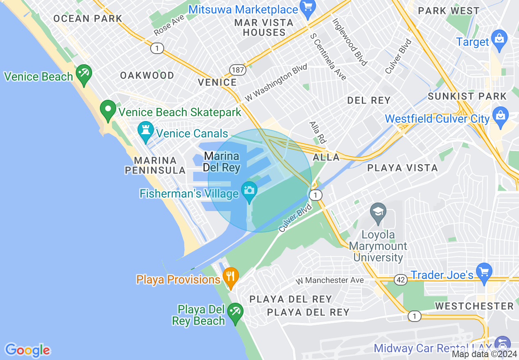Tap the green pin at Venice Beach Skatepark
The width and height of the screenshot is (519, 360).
coord(108,110)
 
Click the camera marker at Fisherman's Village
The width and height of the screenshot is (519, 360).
coord(249,190)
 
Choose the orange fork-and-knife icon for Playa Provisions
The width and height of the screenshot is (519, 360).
coord(231,277)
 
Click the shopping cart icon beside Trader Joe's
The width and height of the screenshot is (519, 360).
coord(484,272)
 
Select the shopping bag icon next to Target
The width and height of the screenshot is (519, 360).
coord(499,39)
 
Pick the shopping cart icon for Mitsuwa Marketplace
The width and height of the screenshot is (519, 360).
coord(307,7)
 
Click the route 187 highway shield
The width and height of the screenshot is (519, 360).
coord(237,70)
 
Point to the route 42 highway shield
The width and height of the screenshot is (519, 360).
coord(401,280)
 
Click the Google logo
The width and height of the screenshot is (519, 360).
coord(27,350)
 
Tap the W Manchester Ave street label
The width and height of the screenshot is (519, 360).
coord(330,280)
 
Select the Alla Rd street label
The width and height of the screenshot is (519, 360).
coord(317,132)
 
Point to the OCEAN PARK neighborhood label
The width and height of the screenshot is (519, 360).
coord(88,18)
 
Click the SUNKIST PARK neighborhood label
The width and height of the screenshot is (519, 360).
coord(467,97)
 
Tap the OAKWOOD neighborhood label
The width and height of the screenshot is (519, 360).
coord(147,75)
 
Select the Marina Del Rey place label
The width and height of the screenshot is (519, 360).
coord(221,162)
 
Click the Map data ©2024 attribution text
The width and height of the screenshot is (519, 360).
coord(484,354)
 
